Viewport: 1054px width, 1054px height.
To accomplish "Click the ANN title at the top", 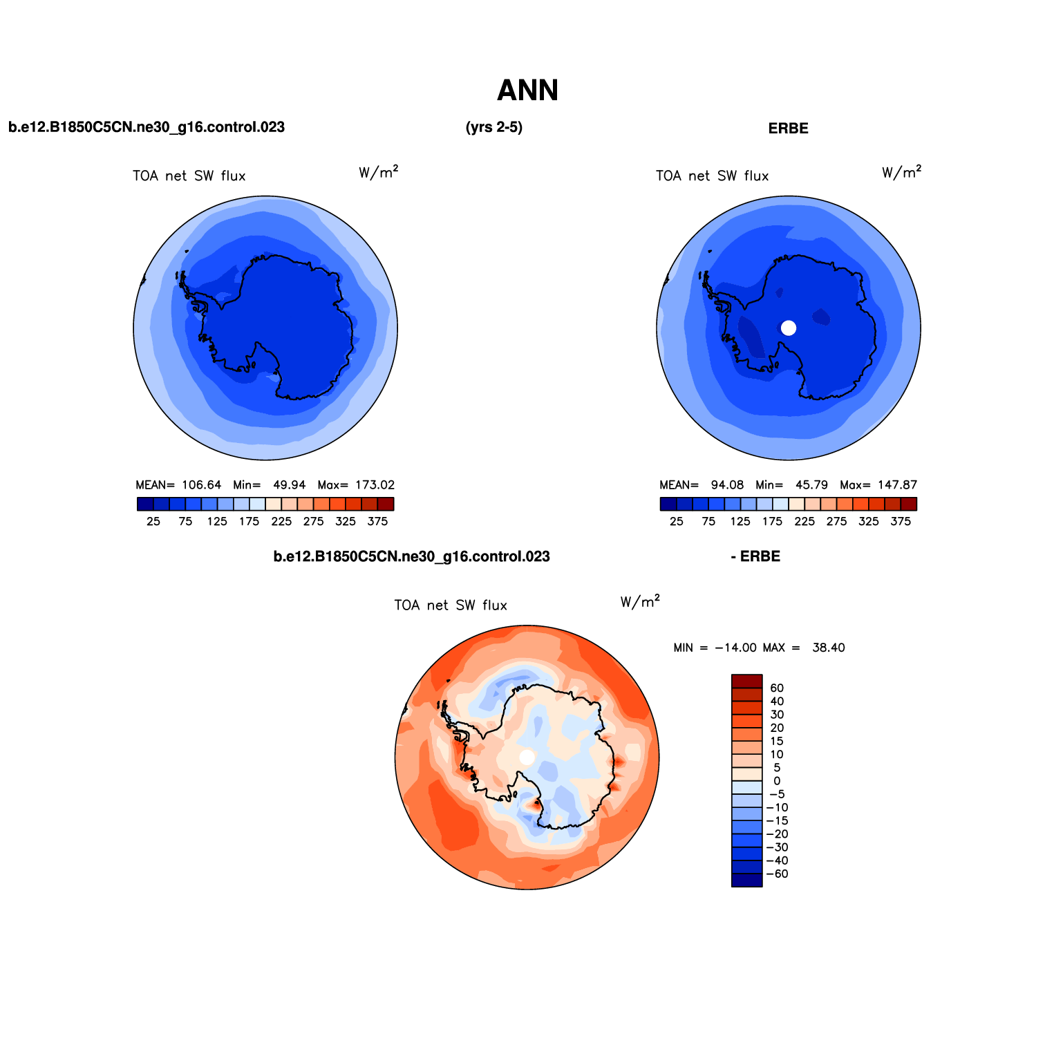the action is pos(527,91).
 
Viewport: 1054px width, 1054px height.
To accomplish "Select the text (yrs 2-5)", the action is pos(494,127).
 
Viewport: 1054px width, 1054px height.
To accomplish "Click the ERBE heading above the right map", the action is pos(788,129).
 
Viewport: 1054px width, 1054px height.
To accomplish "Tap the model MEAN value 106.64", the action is pos(202,485).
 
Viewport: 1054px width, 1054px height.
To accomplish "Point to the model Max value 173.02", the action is pos(375,485).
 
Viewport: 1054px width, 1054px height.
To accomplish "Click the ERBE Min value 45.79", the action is pos(811,485).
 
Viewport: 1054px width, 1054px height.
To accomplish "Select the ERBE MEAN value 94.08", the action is pos(728,485).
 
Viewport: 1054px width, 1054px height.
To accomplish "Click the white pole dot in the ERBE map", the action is pos(789,328).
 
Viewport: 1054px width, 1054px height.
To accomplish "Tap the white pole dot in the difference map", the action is pos(527,757).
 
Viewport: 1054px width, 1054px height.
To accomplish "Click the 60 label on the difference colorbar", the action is pos(777,688).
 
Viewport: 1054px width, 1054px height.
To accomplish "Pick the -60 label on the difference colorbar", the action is pos(777,874).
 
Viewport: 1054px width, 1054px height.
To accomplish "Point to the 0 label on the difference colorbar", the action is pos(777,781).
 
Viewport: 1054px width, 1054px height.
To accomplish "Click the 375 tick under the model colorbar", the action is pos(377,522).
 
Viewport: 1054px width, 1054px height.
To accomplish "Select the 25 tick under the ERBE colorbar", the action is pos(677,522).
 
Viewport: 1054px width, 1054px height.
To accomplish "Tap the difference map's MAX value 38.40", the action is pos(829,648).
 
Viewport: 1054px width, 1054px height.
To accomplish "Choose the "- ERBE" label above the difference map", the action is pos(755,557).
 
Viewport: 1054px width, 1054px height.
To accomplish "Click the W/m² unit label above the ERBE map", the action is pos(902,173).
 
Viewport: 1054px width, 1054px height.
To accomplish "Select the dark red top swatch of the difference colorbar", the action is pos(747,681).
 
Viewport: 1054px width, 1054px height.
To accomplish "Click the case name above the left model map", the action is pos(147,127).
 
